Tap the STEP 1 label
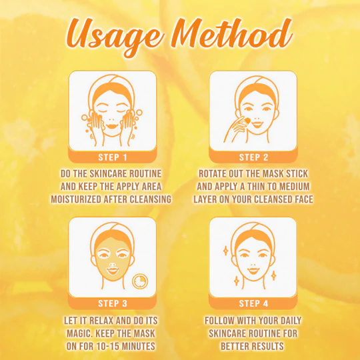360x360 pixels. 113,157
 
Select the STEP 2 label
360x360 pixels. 253,157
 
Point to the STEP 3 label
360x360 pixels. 113,303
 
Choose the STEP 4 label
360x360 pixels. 253,303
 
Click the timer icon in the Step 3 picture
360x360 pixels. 140,281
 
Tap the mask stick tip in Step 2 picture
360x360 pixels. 247,120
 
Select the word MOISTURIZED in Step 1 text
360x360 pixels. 76,199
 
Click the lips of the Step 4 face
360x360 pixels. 253,271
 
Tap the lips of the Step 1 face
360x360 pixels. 112,126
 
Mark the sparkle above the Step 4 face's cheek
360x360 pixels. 226,251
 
